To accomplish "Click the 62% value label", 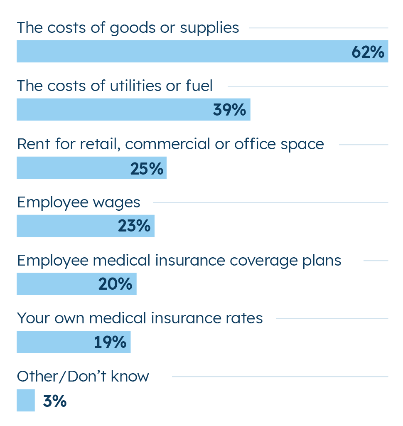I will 368,52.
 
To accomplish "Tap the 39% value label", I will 229,110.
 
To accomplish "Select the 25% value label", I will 147,168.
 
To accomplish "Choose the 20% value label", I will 115,284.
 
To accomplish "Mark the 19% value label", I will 110,342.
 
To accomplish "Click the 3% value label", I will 54,401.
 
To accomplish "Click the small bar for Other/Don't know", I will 26,400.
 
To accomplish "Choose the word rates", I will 245,318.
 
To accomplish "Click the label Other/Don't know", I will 83,377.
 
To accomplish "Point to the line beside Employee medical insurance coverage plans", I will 376,261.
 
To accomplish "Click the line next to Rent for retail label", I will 364,145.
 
